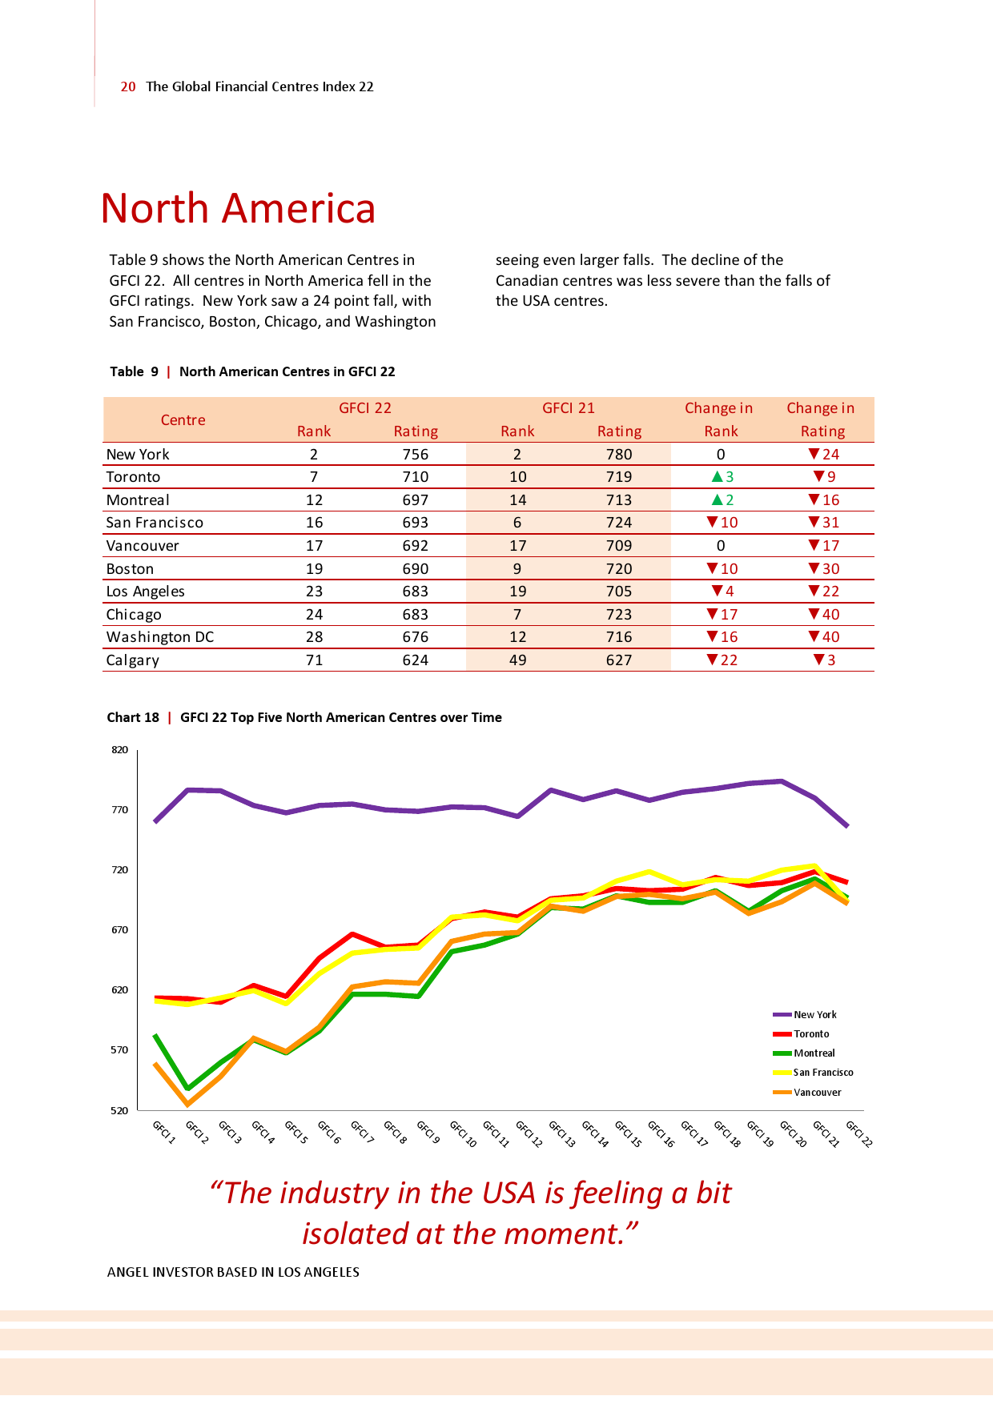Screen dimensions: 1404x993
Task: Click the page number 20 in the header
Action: pos(128,86)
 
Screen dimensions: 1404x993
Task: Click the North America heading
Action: pos(238,208)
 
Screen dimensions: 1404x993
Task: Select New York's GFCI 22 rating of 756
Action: pos(415,454)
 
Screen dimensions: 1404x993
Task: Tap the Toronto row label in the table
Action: pos(133,477)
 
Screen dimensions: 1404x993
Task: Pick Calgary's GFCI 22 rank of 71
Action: pos(314,660)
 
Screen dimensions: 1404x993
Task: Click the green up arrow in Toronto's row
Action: pos(718,477)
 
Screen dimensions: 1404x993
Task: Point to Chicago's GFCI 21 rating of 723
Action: pos(618,615)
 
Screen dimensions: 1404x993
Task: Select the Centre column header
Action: pos(183,420)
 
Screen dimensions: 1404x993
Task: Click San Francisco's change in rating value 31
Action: pos(830,523)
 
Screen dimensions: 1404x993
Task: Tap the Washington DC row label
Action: pos(160,637)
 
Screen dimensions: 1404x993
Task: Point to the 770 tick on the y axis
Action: pos(119,810)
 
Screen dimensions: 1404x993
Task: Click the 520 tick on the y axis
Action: pos(119,1111)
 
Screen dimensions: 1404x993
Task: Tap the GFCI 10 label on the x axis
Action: pos(463,1133)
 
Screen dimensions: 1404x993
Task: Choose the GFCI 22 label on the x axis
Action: pos(859,1133)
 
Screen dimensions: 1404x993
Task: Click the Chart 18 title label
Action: pos(133,717)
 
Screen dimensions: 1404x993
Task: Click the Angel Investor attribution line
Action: pos(233,1272)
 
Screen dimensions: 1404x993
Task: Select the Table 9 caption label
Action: pos(134,371)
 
